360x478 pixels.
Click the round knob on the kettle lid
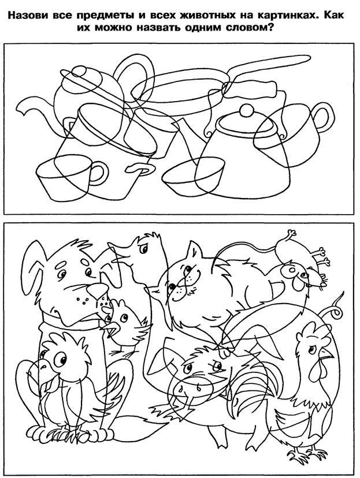pyautogui.click(x=247, y=110)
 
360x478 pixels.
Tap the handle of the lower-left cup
pyautogui.click(x=99, y=173)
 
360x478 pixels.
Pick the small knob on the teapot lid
pyautogui.click(x=80, y=71)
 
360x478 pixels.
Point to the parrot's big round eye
pyautogui.click(x=61, y=360)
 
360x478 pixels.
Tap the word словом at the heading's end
pyautogui.click(x=249, y=28)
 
